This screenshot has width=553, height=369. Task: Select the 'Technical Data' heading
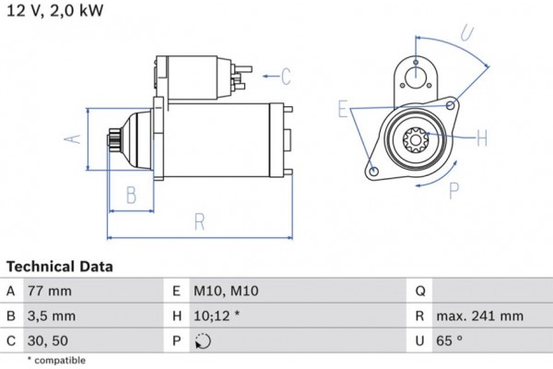tap(59, 267)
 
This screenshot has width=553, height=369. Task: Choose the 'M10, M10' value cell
tap(226, 292)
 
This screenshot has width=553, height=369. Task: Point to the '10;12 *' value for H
tap(218, 316)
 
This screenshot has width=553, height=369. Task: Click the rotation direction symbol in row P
tap(203, 341)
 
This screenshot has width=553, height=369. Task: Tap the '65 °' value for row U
tap(456, 341)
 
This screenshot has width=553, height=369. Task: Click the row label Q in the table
tap(419, 292)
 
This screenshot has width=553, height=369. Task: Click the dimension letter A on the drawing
tap(77, 138)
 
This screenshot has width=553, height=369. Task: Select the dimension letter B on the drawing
tap(131, 196)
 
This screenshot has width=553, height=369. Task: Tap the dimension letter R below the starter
tap(199, 221)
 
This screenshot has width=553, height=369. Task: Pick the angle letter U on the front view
tap(466, 35)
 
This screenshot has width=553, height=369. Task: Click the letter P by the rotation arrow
tap(453, 192)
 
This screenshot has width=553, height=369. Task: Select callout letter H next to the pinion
tap(481, 139)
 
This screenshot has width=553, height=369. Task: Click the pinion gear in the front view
tap(414, 141)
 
